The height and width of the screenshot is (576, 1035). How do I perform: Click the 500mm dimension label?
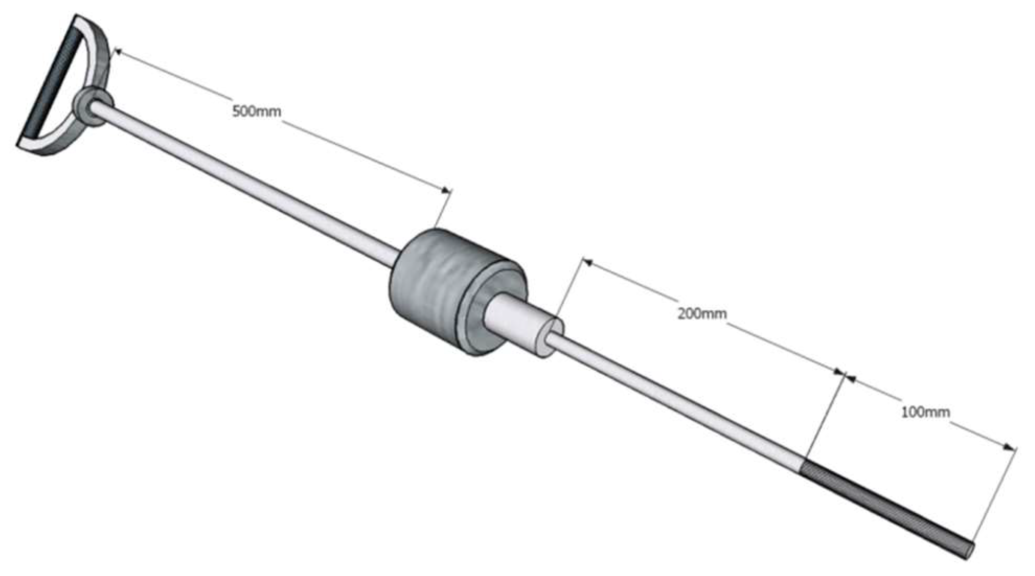pos(256,111)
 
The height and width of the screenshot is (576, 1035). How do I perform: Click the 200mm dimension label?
pos(701,314)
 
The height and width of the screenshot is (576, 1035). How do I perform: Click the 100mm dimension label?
pos(925,412)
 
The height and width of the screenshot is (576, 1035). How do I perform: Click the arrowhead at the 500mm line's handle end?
pos(118,51)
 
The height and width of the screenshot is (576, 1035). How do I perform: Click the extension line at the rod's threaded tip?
pos(993,497)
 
